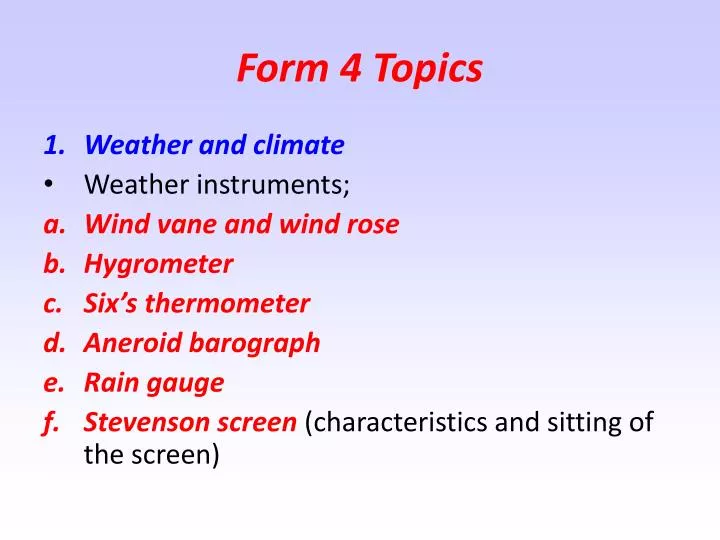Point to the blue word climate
pyautogui.click(x=298, y=146)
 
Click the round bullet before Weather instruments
pyautogui.click(x=49, y=185)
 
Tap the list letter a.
pyautogui.click(x=54, y=225)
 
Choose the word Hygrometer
pyautogui.click(x=158, y=265)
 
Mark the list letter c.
pyautogui.click(x=54, y=304)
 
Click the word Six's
pyautogui.click(x=114, y=304)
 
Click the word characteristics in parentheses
pyautogui.click(x=403, y=422)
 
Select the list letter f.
pyautogui.click(x=51, y=422)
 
